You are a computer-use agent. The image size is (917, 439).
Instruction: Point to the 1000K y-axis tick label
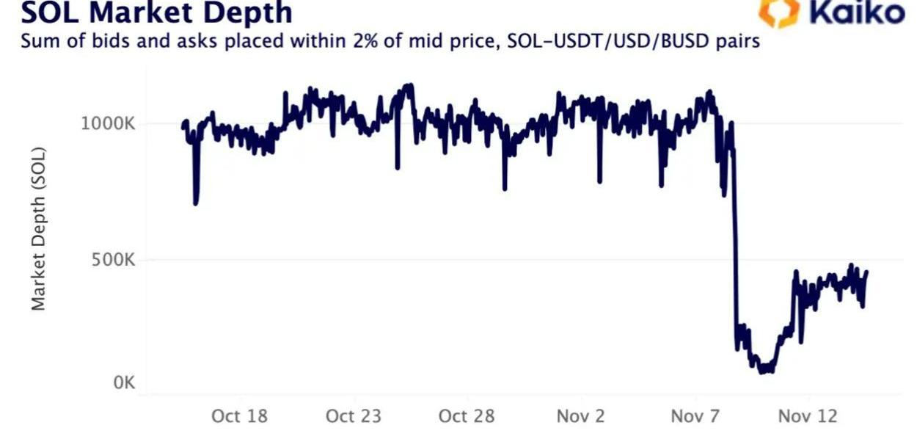coord(108,123)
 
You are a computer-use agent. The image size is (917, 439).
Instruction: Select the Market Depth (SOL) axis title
coord(39,228)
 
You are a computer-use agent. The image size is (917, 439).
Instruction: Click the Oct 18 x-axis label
coord(239,416)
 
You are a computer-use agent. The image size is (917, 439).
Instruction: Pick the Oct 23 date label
coord(354,416)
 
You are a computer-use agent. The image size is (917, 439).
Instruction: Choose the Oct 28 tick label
coord(467,416)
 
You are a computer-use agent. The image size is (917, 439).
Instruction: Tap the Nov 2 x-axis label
coord(580,416)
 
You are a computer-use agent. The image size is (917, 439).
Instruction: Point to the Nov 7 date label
coord(695,416)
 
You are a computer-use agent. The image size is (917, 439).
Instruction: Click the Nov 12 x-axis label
coord(808,416)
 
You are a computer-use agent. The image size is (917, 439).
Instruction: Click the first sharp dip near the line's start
coord(195,203)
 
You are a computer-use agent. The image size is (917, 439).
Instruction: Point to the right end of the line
coord(866,272)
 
